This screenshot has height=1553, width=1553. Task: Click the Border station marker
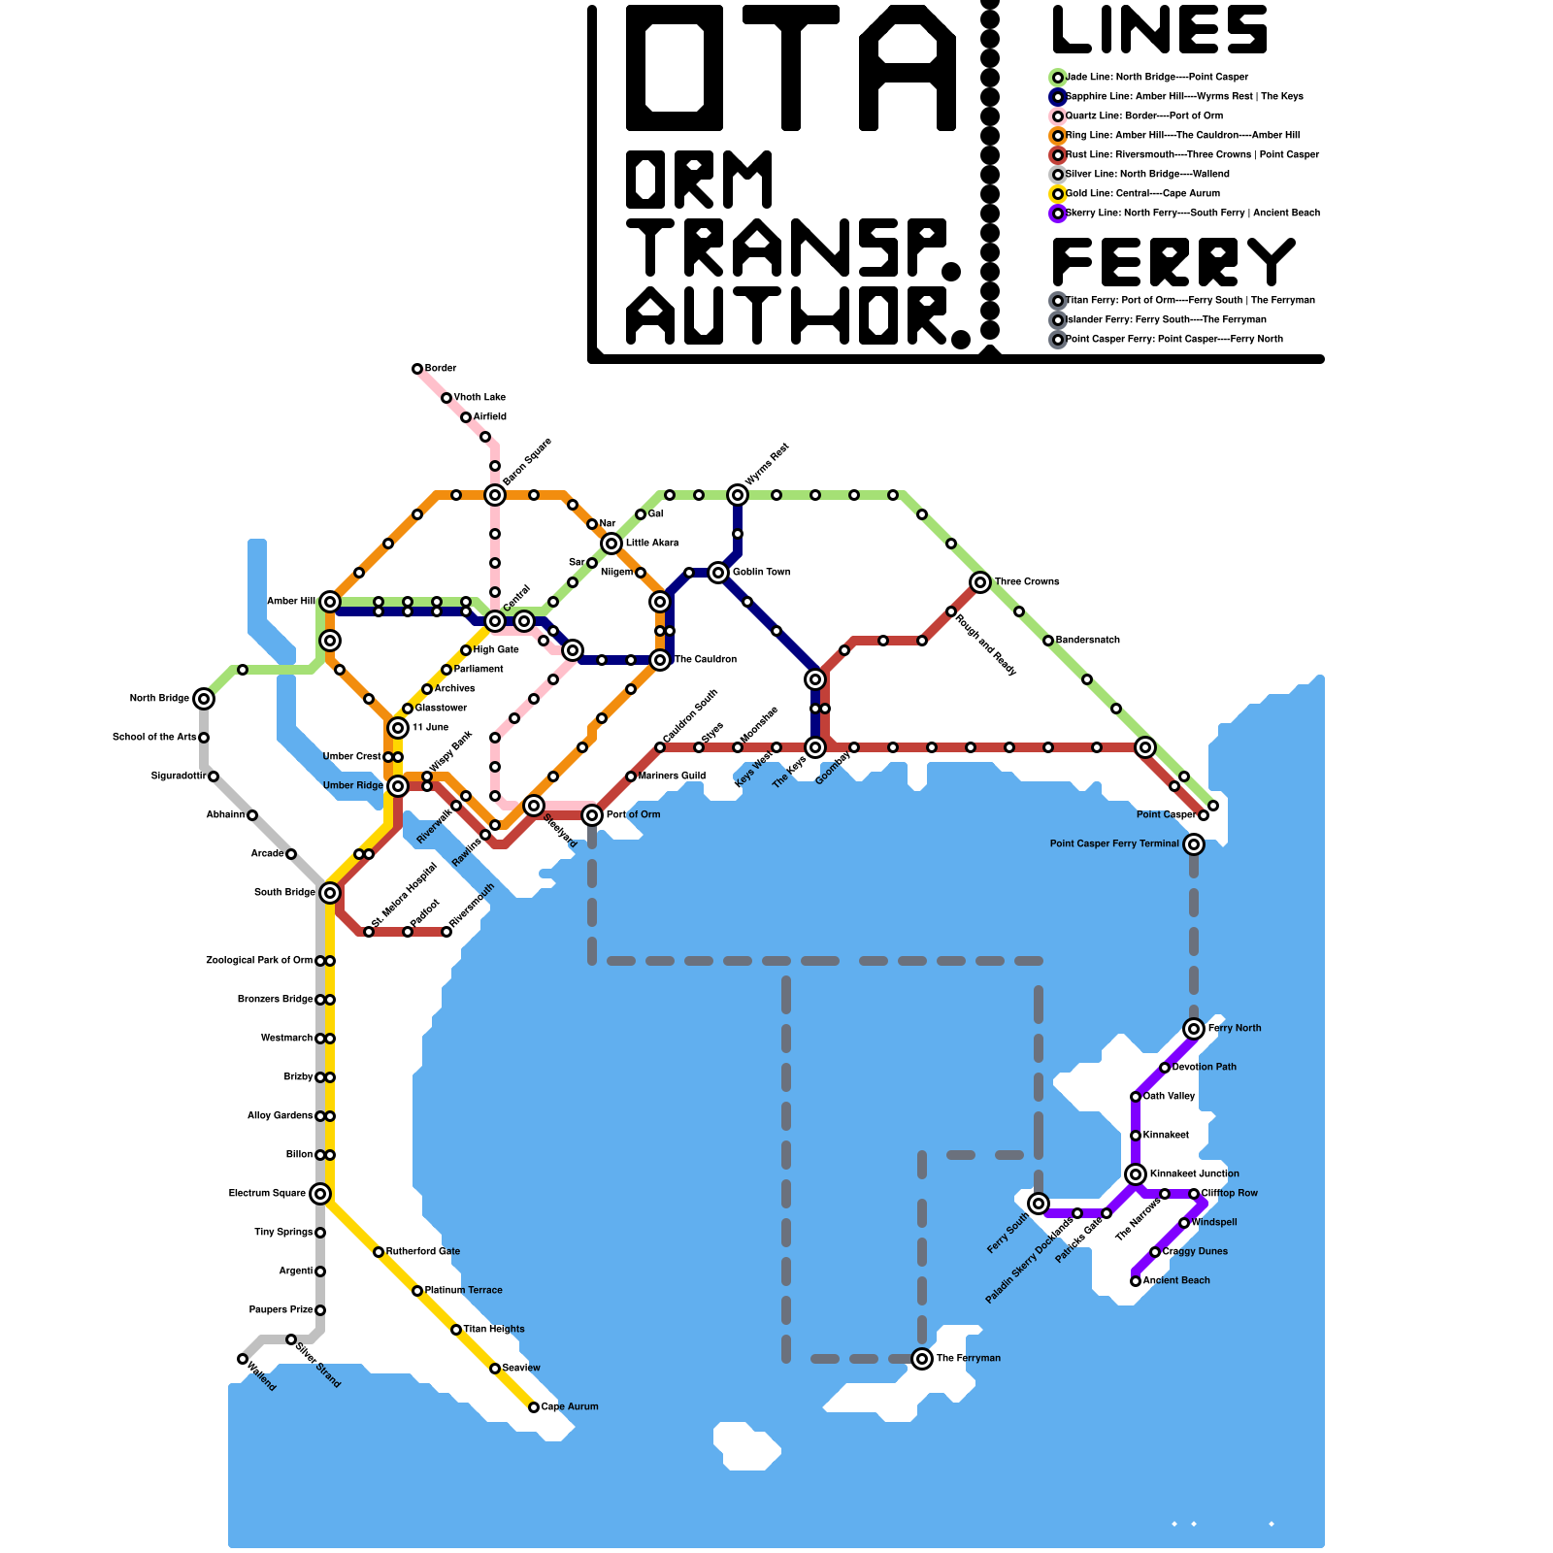pyautogui.click(x=417, y=369)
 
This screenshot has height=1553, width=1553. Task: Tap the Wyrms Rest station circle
pyautogui.click(x=738, y=495)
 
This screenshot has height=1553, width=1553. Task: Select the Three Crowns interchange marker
pyautogui.click(x=980, y=582)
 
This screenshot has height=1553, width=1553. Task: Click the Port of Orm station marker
pyautogui.click(x=592, y=815)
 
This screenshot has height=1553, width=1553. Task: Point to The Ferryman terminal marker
pyautogui.click(x=922, y=1359)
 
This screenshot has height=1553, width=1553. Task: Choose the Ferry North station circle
pyautogui.click(x=1194, y=1029)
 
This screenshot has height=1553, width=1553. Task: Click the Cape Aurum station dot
pyautogui.click(x=534, y=1407)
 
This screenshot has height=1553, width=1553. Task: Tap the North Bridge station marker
pyautogui.click(x=204, y=699)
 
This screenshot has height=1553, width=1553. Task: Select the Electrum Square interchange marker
pyautogui.click(x=320, y=1194)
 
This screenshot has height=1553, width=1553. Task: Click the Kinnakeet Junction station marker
pyautogui.click(x=1136, y=1174)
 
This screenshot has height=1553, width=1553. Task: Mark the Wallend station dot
pyautogui.click(x=243, y=1359)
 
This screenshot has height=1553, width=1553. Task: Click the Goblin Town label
pyautogui.click(x=761, y=573)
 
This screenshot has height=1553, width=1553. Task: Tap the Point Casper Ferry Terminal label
pyautogui.click(x=1114, y=844)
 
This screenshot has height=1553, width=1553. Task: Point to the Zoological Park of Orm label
pyautogui.click(x=259, y=961)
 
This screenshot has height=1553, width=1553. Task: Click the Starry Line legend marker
pyautogui.click(x=1058, y=214)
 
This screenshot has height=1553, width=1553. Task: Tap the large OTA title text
pyautogui.click(x=791, y=68)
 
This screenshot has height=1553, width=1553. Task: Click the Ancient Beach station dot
pyautogui.click(x=1136, y=1281)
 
